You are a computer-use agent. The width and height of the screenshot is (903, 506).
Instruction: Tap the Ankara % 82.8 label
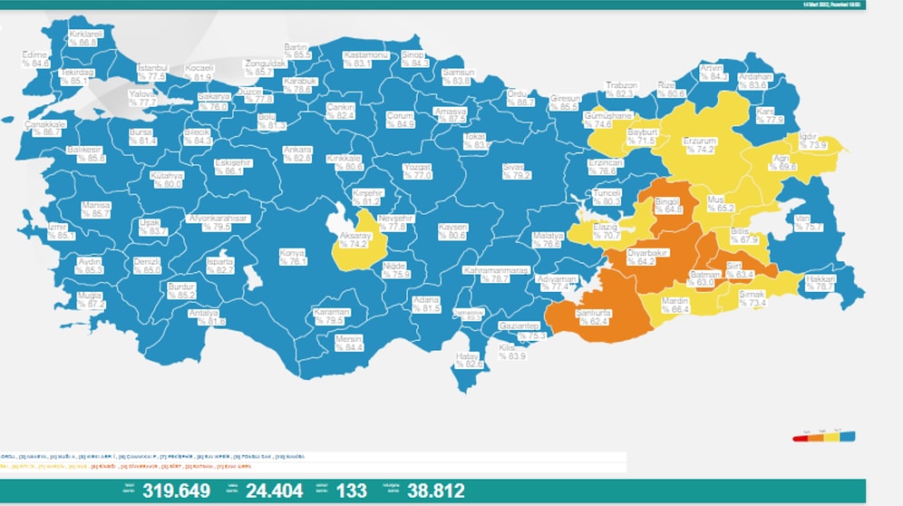(x=297, y=153)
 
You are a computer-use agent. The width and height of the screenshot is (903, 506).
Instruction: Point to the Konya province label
(x=292, y=257)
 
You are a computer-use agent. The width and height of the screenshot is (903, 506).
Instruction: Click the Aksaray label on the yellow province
(x=352, y=239)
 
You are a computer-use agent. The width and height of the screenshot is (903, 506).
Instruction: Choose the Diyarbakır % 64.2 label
(x=647, y=257)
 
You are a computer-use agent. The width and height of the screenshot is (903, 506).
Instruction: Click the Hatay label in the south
(x=467, y=361)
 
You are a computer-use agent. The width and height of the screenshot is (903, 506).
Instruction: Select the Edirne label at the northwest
(x=35, y=59)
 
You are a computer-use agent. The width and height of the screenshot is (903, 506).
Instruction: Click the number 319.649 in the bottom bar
(x=179, y=491)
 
